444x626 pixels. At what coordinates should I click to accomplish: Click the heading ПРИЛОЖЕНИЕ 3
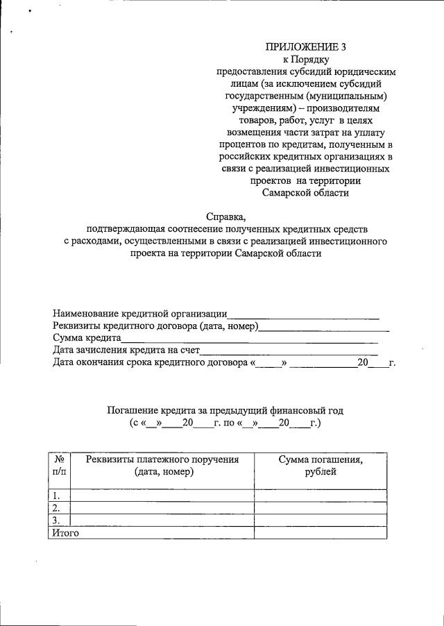tap(305, 47)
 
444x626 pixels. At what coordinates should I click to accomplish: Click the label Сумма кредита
tap(87, 339)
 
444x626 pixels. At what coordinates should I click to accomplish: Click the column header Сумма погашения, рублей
tap(320, 466)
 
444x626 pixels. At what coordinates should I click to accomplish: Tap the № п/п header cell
tap(60, 466)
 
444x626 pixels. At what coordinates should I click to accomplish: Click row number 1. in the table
tap(57, 496)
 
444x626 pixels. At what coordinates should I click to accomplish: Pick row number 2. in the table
tap(57, 508)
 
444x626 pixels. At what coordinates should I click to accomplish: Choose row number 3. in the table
tap(57, 521)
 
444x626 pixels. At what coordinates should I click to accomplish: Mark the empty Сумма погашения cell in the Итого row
tap(320, 533)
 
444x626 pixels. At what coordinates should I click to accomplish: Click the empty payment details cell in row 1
tap(163, 496)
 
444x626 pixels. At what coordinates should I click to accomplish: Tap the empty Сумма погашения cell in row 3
tap(320, 521)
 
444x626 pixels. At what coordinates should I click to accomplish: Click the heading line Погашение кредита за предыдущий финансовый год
tap(225, 410)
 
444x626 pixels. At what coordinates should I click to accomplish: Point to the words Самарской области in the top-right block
tap(305, 193)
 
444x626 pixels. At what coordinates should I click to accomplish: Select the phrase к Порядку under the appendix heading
tap(305, 60)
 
